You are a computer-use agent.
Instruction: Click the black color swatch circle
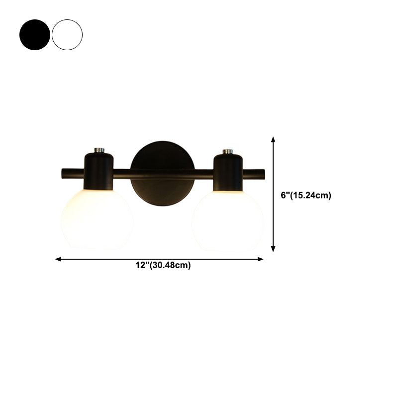point(35,35)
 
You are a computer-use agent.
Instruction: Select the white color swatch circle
point(67,35)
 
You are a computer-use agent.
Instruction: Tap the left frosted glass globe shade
point(97,219)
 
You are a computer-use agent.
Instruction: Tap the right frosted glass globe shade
point(227,219)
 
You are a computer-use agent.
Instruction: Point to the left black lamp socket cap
point(99,171)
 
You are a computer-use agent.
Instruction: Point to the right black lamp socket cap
point(228,171)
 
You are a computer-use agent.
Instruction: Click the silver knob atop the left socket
point(99,149)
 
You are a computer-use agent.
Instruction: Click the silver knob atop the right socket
point(228,150)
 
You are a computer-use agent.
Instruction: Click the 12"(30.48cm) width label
point(163,266)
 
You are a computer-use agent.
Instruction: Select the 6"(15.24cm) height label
point(306,196)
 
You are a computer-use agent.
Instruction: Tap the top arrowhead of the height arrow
point(273,140)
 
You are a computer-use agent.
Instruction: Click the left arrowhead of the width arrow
point(58,259)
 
